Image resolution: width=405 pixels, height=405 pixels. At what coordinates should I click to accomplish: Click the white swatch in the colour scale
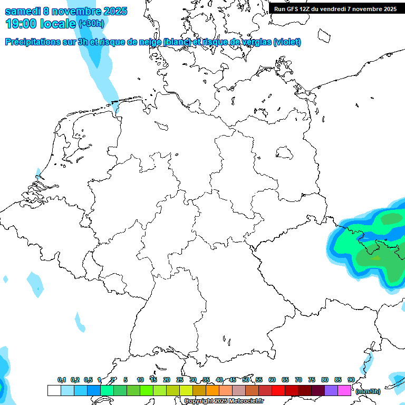(54, 390)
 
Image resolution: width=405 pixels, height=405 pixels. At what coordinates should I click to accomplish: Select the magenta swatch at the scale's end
(344, 390)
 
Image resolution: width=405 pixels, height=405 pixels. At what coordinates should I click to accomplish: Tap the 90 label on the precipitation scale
(351, 380)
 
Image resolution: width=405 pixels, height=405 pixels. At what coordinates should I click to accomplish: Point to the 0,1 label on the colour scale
(62, 380)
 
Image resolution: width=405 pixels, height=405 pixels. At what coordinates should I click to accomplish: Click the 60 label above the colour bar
(272, 380)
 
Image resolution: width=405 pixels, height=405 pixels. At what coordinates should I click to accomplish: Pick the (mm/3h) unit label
(368, 391)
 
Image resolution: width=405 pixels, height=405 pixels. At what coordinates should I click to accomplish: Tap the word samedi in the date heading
(23, 11)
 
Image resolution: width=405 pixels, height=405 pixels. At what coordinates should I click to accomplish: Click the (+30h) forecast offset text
(91, 24)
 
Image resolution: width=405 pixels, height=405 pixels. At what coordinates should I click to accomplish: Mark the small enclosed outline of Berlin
(285, 153)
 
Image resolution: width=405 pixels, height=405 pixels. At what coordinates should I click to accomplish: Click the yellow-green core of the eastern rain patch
(375, 258)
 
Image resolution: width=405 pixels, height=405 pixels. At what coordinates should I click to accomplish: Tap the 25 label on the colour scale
(180, 380)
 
